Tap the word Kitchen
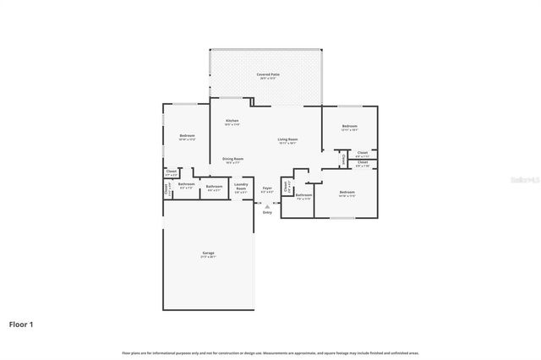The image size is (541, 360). pos(232,121)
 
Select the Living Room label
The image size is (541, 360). pos(287,139)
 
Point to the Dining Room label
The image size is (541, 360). pos(233,158)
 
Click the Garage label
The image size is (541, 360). pos(208,253)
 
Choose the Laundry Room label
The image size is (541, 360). pos(241,186)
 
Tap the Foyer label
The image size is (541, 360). pos(267,188)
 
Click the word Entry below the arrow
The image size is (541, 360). pos(267,212)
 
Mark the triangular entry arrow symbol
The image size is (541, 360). pos(267,205)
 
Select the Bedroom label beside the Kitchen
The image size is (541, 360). pos(187,135)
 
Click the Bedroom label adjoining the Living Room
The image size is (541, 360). pos(350,126)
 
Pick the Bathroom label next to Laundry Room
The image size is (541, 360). pos(215,186)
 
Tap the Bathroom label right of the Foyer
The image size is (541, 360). pos(303,194)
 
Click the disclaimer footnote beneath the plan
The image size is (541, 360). pos(270,352)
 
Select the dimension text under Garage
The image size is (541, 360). pos(208,257)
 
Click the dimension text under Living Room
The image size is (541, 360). pos(287,143)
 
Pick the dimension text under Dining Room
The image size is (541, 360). pos(233,162)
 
